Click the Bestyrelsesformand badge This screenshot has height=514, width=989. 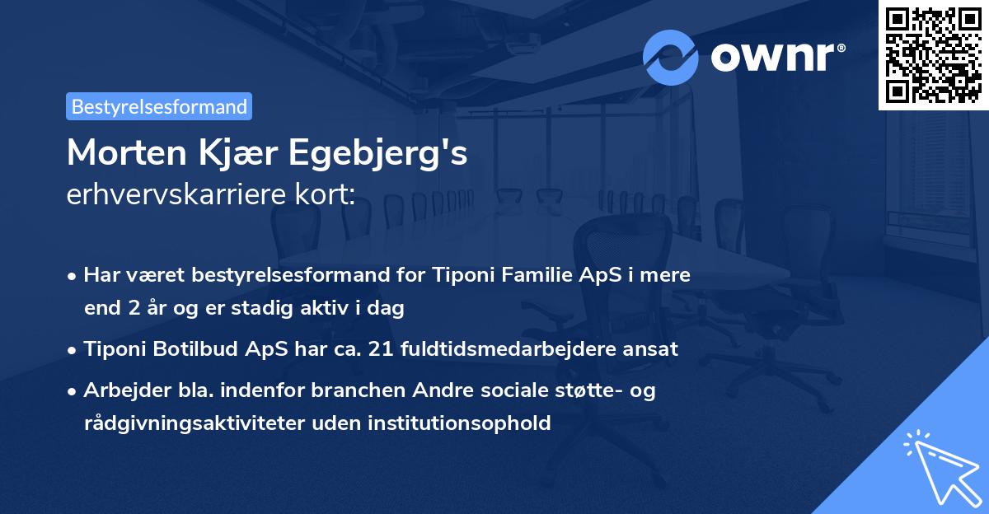(159, 106)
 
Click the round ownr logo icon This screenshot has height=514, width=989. (671, 57)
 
